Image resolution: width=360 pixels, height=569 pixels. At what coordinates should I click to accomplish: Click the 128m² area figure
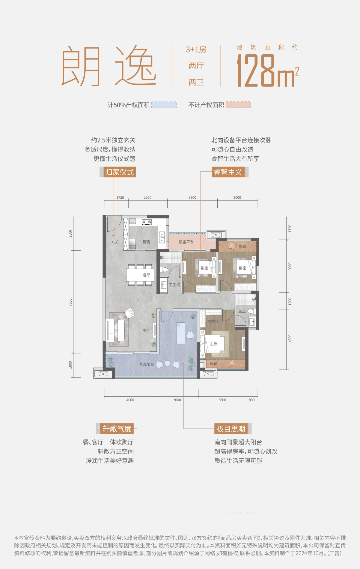coord(268,71)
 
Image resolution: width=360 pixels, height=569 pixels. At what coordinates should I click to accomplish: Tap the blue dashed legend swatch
coord(164,105)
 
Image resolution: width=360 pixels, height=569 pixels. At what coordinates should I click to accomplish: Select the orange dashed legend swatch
coord(238,105)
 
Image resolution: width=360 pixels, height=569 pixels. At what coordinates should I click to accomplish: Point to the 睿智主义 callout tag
coord(228,172)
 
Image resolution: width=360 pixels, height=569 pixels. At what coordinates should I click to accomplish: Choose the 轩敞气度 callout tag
coord(115,429)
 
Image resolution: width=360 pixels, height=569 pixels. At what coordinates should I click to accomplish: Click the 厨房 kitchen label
coord(146,242)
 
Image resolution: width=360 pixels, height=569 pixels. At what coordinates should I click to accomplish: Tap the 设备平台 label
coord(186,242)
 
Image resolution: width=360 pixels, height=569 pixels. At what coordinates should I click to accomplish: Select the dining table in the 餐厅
coord(140,275)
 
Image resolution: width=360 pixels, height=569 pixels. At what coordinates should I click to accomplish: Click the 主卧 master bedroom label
coord(213,344)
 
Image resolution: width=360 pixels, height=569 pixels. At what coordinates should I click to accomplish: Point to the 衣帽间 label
coord(214,321)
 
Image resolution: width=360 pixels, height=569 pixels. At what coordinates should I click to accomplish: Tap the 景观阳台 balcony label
coord(146,365)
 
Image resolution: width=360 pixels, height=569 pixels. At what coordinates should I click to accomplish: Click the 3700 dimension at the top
coord(192,197)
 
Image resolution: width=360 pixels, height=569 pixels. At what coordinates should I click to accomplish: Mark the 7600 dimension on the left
coord(70,302)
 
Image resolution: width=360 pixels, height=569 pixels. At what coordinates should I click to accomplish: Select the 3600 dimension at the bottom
coord(222,400)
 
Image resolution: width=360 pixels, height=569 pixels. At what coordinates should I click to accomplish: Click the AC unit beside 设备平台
coord(216,235)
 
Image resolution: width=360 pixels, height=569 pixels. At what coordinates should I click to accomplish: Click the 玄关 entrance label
coord(115,242)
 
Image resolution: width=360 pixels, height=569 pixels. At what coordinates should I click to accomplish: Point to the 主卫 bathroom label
coord(242,312)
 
